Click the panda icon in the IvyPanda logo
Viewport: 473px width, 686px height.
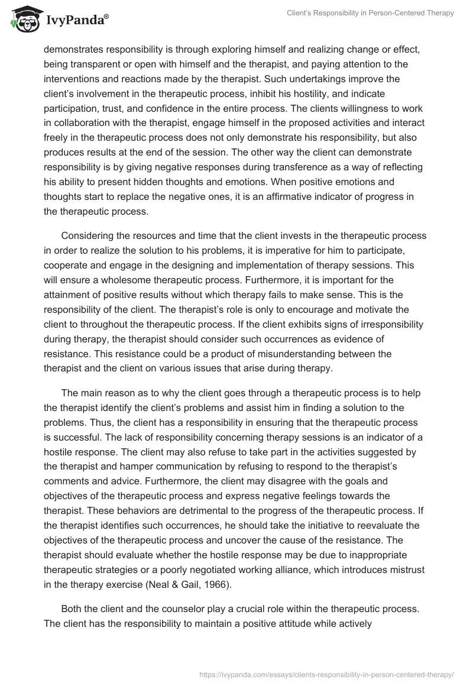(x=23, y=19)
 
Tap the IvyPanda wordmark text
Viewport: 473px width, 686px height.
(x=75, y=21)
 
